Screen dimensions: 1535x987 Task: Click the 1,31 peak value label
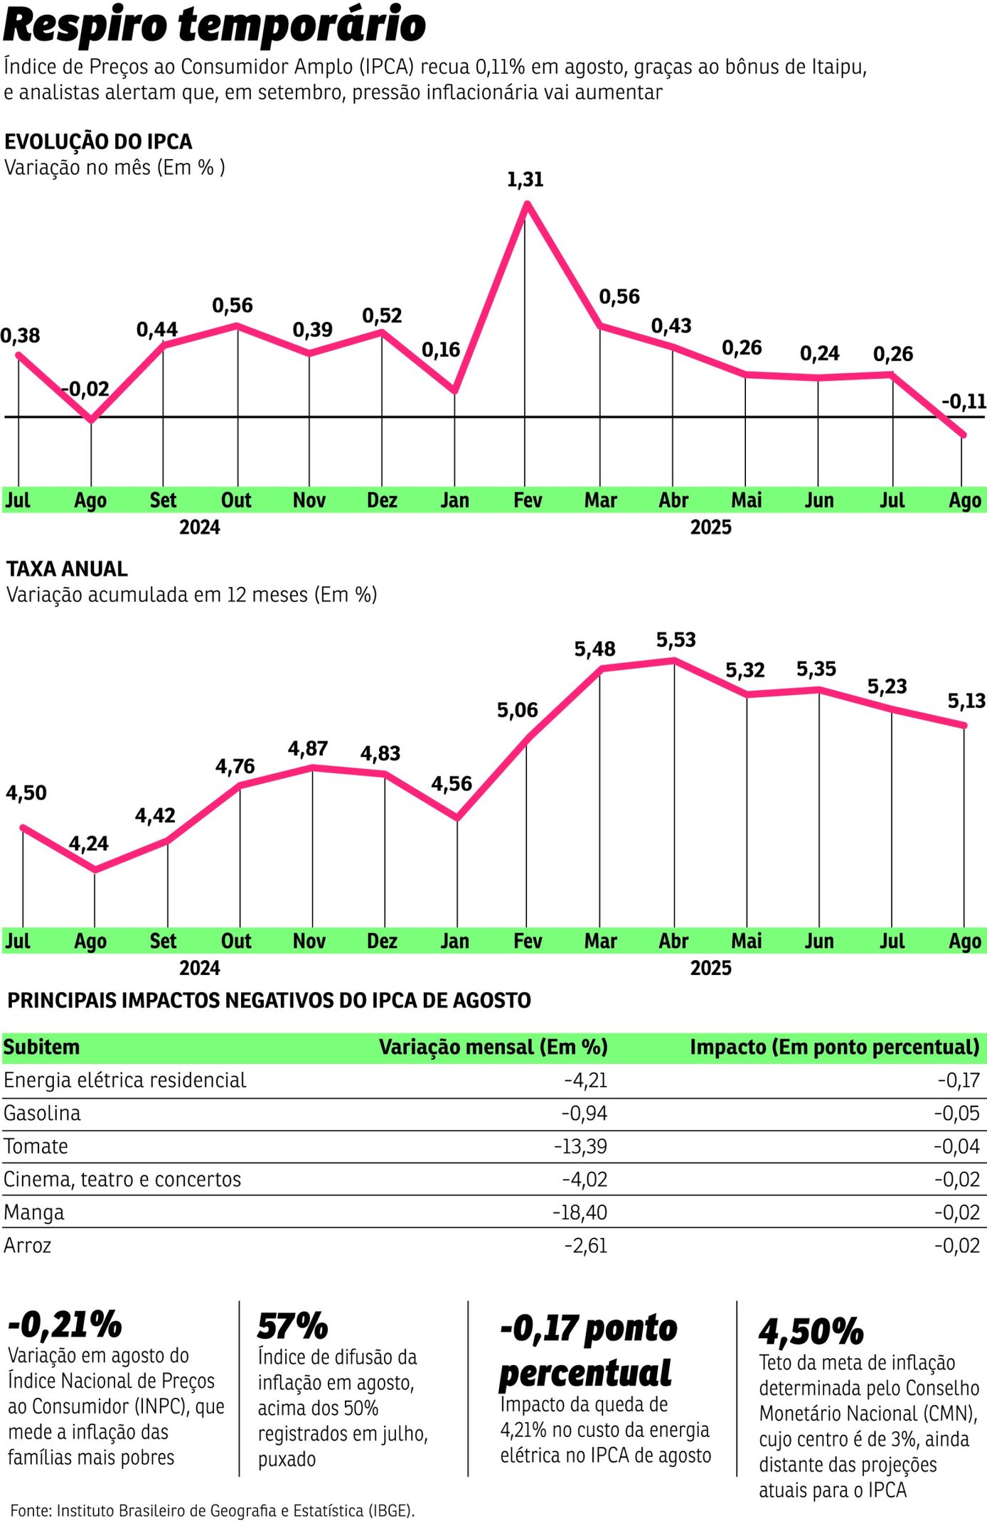pyautogui.click(x=525, y=180)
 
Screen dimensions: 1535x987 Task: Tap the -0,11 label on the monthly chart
pyautogui.click(x=964, y=402)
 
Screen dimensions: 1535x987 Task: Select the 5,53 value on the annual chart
pyautogui.click(x=676, y=640)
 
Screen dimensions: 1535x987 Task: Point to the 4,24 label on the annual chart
pyautogui.click(x=89, y=844)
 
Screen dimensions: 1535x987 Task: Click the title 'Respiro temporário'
pyautogui.click(x=215, y=25)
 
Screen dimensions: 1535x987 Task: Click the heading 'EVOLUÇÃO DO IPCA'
pyautogui.click(x=98, y=141)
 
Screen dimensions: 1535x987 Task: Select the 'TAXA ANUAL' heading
pyautogui.click(x=67, y=569)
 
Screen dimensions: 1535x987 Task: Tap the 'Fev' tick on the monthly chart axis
pyautogui.click(x=527, y=500)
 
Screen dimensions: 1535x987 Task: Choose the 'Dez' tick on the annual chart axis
pyautogui.click(x=382, y=941)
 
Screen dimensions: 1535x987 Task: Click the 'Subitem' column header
pyautogui.click(x=41, y=1047)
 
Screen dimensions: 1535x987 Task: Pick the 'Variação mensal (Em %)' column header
pyautogui.click(x=493, y=1047)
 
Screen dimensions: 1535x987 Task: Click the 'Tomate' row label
pyautogui.click(x=36, y=1146)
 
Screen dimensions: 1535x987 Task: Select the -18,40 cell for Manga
pyautogui.click(x=580, y=1212)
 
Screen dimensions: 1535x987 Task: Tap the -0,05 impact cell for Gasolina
pyautogui.click(x=956, y=1114)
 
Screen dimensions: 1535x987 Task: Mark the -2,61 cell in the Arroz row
pyautogui.click(x=585, y=1246)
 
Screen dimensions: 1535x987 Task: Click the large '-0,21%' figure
pyautogui.click(x=65, y=1325)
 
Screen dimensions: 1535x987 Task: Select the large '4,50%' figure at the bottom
pyautogui.click(x=811, y=1331)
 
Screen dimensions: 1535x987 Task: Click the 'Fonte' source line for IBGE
pyautogui.click(x=212, y=1510)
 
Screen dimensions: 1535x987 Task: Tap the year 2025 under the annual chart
pyautogui.click(x=710, y=968)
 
